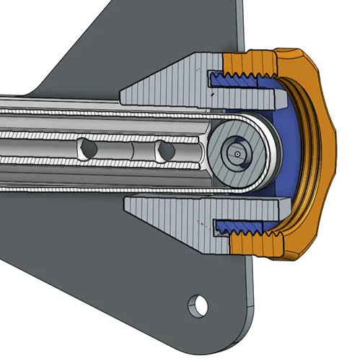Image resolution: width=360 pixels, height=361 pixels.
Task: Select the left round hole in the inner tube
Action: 89,148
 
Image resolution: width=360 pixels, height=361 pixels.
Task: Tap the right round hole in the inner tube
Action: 165,150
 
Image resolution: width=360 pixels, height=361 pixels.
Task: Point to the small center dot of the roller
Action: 237,153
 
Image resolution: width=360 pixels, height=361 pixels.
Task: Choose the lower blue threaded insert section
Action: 245,230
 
